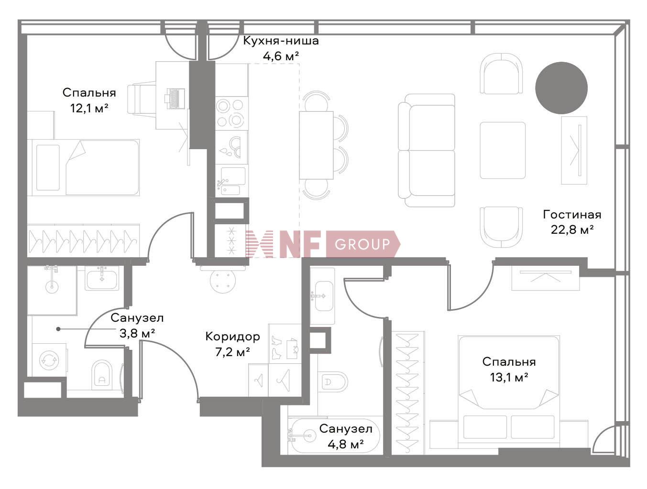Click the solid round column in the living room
(x=561, y=88)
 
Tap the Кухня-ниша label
(x=281, y=41)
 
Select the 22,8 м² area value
(x=572, y=229)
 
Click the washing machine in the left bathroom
(x=49, y=359)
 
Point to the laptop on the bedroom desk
(x=175, y=98)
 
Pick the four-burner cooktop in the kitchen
(x=231, y=113)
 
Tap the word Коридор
(x=232, y=336)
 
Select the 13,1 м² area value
(x=509, y=377)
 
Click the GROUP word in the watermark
(x=362, y=244)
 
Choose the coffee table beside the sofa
(x=502, y=150)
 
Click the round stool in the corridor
(x=223, y=281)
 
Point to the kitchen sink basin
(x=233, y=175)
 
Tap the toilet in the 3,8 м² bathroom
(x=102, y=373)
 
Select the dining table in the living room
(x=316, y=145)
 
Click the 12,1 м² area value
(x=89, y=108)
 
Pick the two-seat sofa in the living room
(x=427, y=150)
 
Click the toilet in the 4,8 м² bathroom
(x=333, y=382)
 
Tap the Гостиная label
(x=572, y=214)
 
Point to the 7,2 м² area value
(x=232, y=352)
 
